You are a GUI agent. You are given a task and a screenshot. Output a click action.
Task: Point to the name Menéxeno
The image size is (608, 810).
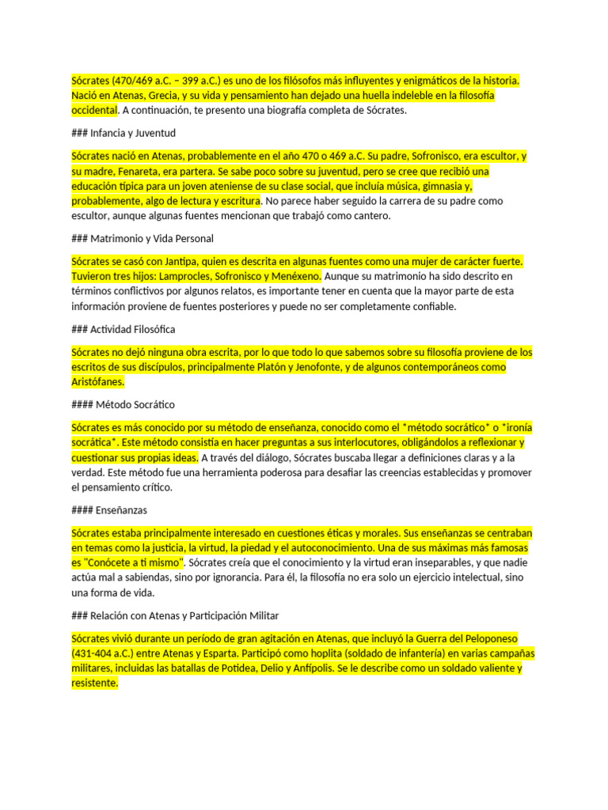pos(294,276)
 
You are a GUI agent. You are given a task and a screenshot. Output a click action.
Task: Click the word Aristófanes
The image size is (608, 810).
pos(97,382)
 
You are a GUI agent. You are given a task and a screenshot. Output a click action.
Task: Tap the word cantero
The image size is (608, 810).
pos(368,216)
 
